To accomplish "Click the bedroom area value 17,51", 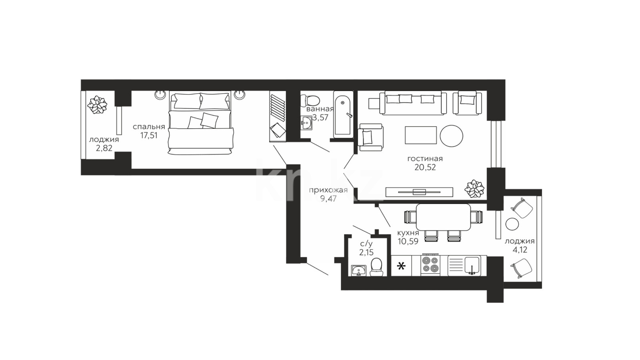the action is click(x=149, y=135).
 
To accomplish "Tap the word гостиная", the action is click(x=425, y=159).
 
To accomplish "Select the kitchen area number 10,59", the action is click(x=408, y=242).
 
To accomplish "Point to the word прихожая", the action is click(x=328, y=190).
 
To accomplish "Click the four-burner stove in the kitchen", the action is click(x=430, y=265).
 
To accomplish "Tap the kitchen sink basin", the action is click(x=472, y=266).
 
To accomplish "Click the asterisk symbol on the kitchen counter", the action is click(x=402, y=266).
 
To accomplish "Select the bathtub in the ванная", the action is click(x=343, y=114).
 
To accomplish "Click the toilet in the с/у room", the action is click(x=376, y=268).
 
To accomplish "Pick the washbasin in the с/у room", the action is click(x=359, y=270).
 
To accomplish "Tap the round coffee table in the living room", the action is click(x=452, y=136).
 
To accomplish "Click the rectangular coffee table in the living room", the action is click(x=420, y=135).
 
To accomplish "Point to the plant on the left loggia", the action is click(x=98, y=105).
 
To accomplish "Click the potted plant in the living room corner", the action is click(x=474, y=189).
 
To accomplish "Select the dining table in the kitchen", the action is click(x=444, y=217).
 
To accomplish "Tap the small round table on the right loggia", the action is click(x=512, y=224).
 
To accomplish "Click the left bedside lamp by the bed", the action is click(x=160, y=95).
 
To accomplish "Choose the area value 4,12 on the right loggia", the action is click(x=520, y=250).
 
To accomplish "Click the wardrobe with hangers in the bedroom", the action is click(x=278, y=116).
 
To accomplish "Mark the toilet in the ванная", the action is click(x=310, y=100).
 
